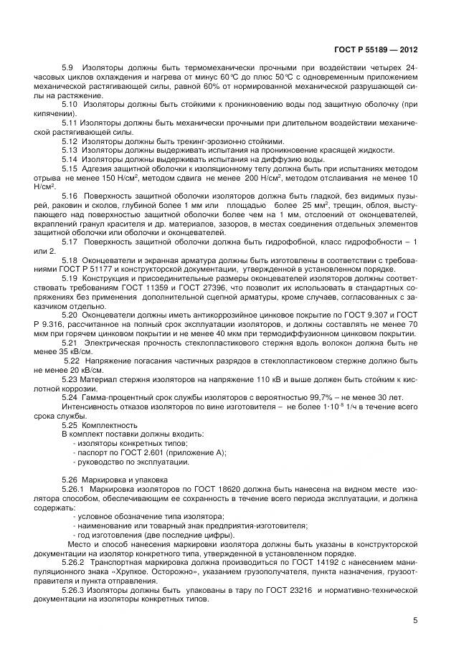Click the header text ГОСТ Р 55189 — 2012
(376, 50)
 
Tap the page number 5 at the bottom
(415, 621)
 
